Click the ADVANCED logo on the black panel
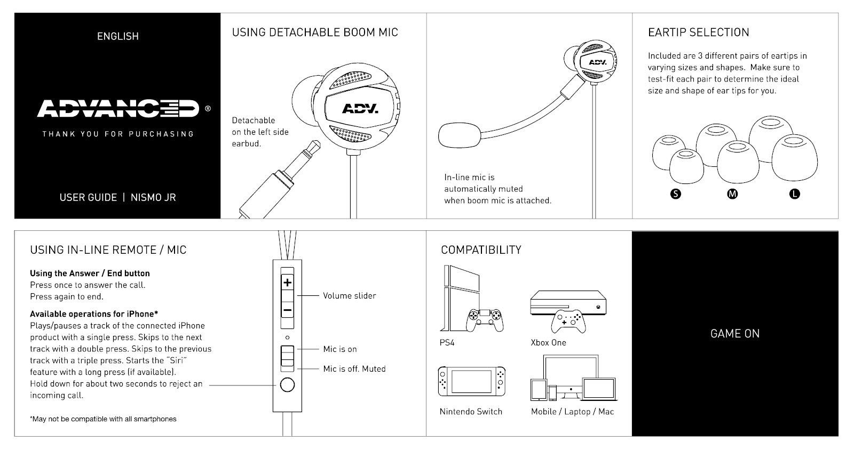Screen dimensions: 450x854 [x=118, y=108]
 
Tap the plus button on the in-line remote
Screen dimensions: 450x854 [x=287, y=283]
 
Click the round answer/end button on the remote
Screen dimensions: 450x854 [x=287, y=384]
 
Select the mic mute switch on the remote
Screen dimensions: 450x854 [x=287, y=358]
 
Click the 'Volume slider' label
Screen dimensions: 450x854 [x=349, y=296]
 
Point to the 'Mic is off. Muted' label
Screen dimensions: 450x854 [x=354, y=369]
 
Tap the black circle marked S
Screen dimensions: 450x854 [x=676, y=194]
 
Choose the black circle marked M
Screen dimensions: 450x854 [x=732, y=194]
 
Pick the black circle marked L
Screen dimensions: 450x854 [x=795, y=194]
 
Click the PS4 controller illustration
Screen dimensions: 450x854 [x=485, y=319]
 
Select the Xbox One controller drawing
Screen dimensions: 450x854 [x=568, y=321]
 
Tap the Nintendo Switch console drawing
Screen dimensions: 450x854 [x=471, y=381]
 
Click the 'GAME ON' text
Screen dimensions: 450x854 [x=734, y=334]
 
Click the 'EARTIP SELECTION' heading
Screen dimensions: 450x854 [x=698, y=33]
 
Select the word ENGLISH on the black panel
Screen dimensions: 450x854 [x=118, y=36]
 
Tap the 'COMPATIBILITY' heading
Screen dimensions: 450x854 [x=481, y=250]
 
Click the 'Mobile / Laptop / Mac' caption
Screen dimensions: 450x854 [x=572, y=412]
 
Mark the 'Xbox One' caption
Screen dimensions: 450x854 [x=548, y=343]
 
